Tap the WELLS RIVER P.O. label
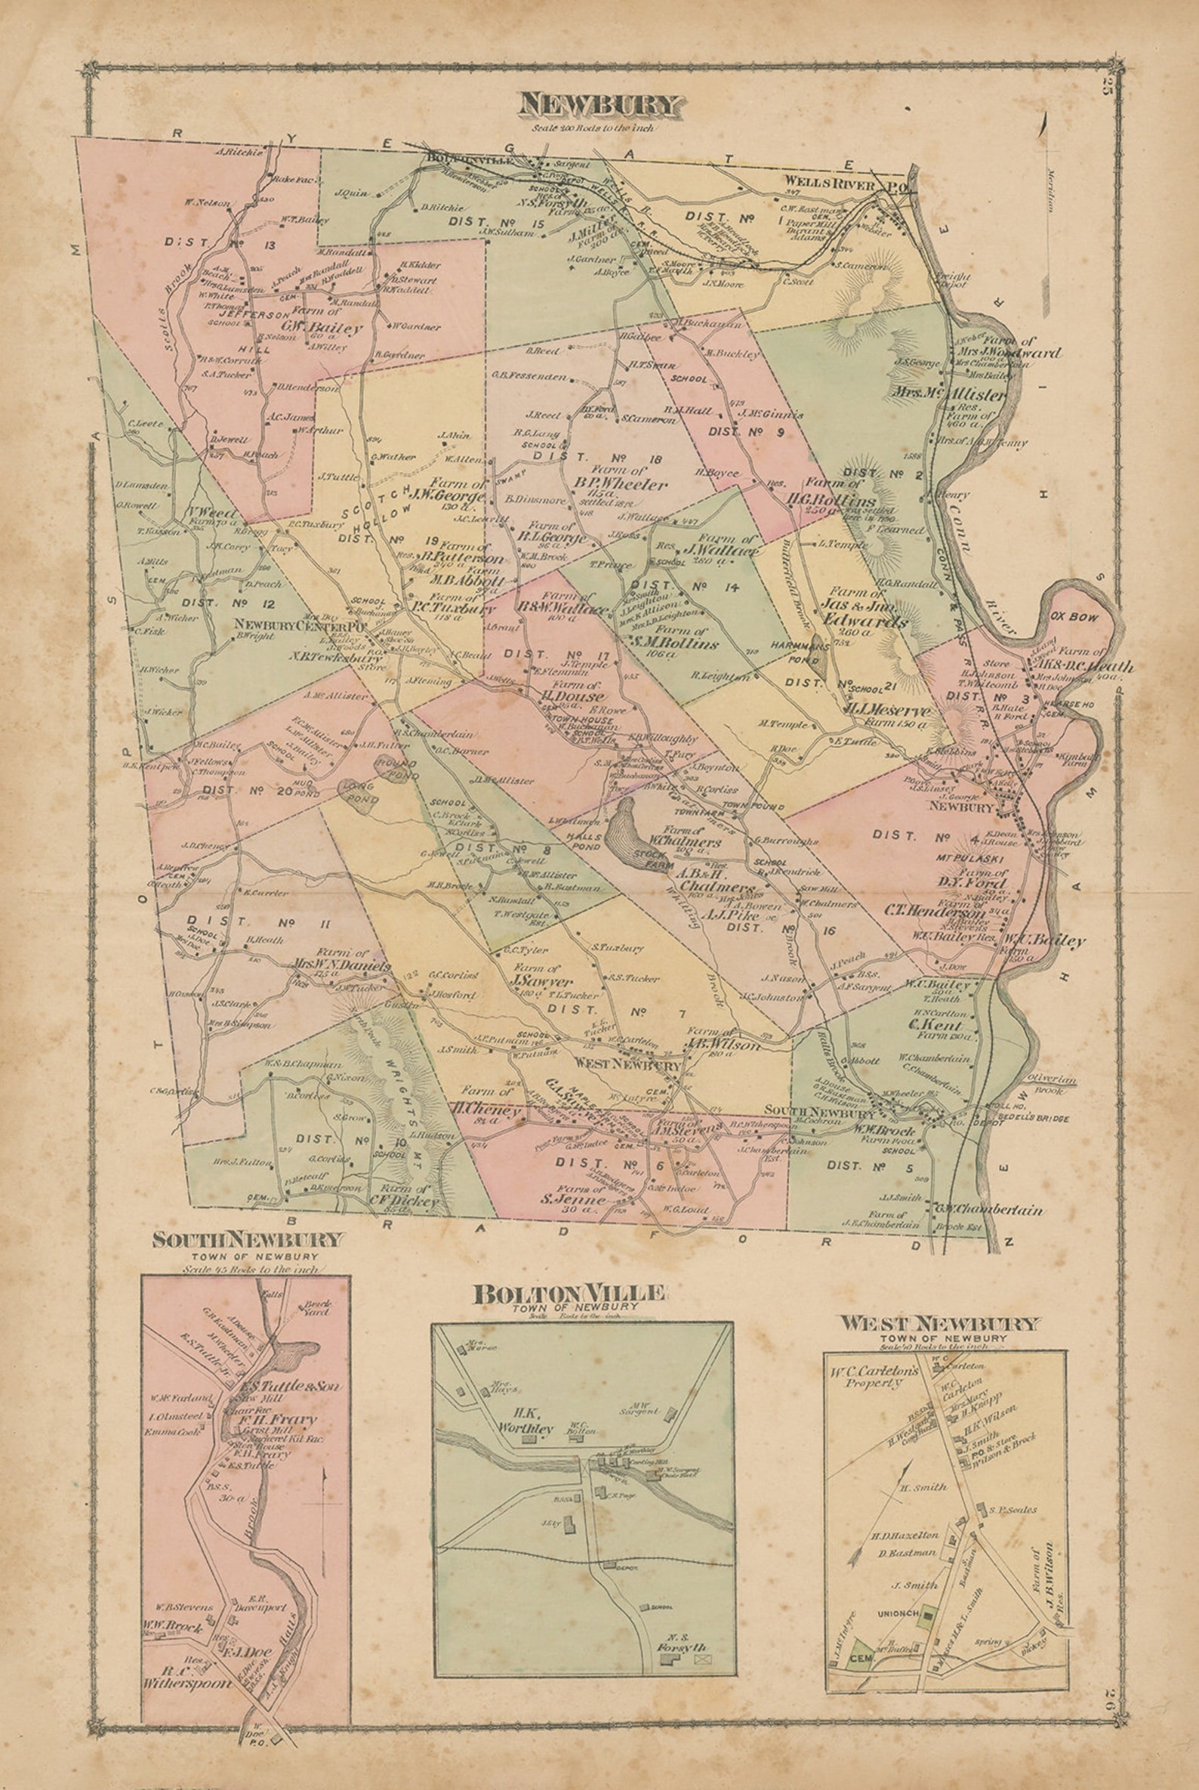pyautogui.click(x=841, y=183)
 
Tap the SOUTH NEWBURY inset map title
pyautogui.click(x=248, y=1239)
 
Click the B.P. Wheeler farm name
pyautogui.click(x=621, y=484)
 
